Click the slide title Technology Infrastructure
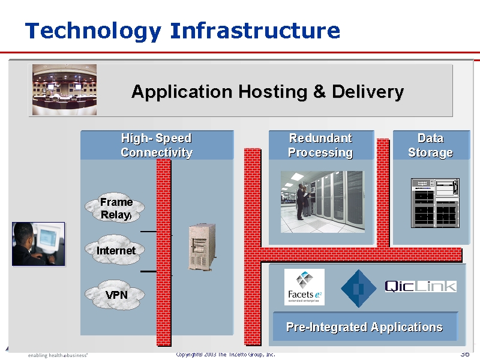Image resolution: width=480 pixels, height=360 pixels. coord(182,31)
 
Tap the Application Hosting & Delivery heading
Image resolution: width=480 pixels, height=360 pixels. coord(267,92)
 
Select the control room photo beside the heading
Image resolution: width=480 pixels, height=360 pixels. coord(64,89)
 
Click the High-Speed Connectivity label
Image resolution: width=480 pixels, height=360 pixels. coord(156,145)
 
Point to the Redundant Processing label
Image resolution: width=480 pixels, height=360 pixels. coord(320,145)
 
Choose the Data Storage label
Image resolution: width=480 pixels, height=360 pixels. coord(430,145)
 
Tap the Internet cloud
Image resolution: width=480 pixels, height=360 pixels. coord(116,250)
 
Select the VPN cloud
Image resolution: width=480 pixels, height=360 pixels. coord(116,295)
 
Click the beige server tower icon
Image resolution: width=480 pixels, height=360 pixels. coord(202,247)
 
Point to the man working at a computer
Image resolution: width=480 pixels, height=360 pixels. coord(38,244)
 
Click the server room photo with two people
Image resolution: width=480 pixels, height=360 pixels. coord(322,202)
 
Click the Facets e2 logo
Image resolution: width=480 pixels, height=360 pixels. coord(304,287)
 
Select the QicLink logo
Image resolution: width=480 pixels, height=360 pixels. coord(420,286)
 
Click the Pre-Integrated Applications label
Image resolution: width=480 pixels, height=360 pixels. coord(364,327)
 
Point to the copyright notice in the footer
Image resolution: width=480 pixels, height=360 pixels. coord(226,355)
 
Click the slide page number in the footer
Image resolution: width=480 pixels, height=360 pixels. coord(464,354)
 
